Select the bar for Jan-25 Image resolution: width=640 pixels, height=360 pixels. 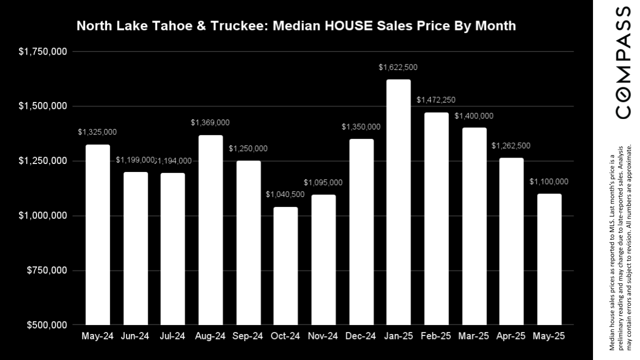tap(398, 202)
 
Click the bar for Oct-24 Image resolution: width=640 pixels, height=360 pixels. tap(285, 266)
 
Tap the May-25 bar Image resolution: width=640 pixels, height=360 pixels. tap(549, 259)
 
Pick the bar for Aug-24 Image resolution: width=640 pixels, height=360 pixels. tap(210, 230)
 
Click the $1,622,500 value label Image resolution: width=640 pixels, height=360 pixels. tap(398, 67)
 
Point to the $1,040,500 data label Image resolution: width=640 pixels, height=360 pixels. tap(285, 194)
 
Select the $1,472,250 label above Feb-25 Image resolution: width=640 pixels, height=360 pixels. tap(436, 100)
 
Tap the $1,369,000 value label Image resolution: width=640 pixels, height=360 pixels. tap(210, 122)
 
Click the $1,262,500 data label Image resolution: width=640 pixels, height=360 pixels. tap(511, 146)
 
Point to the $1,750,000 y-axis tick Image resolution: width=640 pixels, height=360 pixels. tap(42, 51)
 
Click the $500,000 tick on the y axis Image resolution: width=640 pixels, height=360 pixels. tap(45, 325)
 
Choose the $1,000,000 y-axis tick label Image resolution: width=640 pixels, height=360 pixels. tap(42, 215)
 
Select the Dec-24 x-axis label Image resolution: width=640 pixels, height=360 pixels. tap(360, 336)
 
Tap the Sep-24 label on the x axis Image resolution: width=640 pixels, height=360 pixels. tap(248, 336)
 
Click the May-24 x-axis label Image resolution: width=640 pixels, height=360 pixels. tap(97, 336)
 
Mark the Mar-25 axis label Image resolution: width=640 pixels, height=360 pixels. tap(473, 336)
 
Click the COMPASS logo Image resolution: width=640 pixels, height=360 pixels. tap(622, 62)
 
